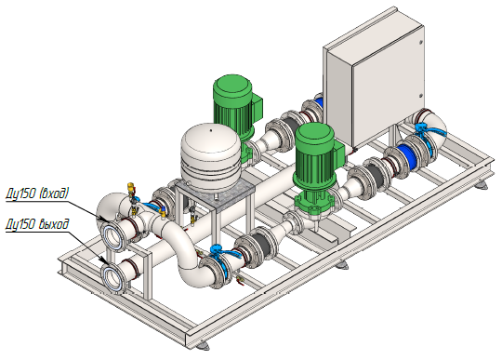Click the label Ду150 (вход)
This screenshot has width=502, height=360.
[37, 193]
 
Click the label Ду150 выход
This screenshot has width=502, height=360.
[37, 224]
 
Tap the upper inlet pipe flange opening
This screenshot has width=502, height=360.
[112, 236]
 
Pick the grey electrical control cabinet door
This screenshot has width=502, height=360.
[389, 87]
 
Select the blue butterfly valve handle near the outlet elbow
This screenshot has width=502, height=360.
[224, 252]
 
